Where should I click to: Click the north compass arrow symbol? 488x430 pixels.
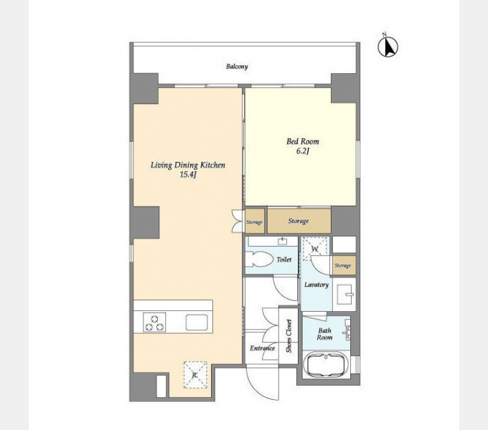[x=388, y=46]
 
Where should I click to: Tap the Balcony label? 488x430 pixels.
[x=237, y=67]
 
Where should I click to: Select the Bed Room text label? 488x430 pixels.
[x=303, y=142]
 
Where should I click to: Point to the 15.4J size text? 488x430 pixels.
[x=188, y=175]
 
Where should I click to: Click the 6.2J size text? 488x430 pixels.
[x=303, y=152]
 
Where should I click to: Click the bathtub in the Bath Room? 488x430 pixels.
[x=326, y=364]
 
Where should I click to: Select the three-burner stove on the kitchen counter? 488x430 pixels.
[x=154, y=322]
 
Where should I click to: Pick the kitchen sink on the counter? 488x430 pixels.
[x=197, y=322]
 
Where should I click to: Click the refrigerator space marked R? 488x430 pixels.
[x=195, y=375]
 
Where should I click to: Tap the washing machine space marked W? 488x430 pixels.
[x=315, y=249]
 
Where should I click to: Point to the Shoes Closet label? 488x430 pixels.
[x=288, y=336]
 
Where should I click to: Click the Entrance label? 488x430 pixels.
[x=263, y=348]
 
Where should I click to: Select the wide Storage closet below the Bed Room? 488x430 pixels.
[x=299, y=221]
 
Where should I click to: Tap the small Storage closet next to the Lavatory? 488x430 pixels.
[x=343, y=266]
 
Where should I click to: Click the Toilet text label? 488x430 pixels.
[x=284, y=259]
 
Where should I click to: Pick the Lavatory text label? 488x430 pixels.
[x=316, y=285]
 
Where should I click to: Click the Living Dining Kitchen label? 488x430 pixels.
[x=188, y=165]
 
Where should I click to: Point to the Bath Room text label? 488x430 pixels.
[x=324, y=334]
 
